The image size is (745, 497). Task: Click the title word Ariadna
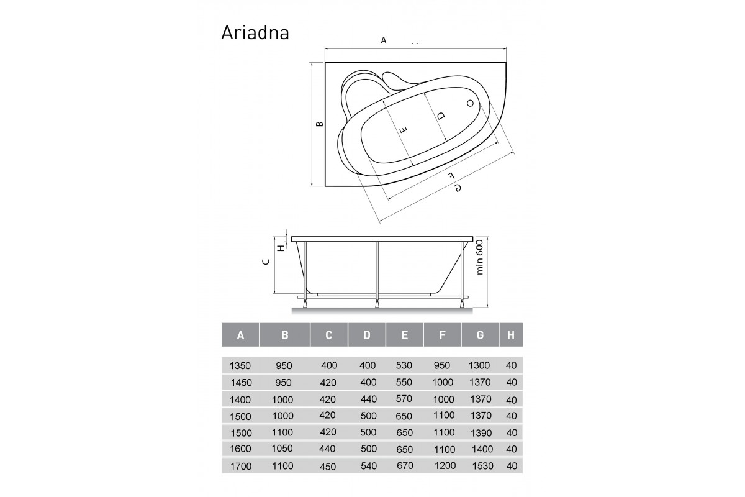coord(255,32)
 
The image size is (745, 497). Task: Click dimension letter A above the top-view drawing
coord(384,40)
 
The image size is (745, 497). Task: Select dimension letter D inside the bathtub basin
coord(441,116)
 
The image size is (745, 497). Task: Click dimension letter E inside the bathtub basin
coord(403,130)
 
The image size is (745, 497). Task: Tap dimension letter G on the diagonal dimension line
coord(458,188)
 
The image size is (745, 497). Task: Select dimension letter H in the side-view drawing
coord(281,247)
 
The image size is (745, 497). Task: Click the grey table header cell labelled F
coord(442,335)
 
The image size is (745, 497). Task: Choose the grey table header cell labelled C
coord(329,335)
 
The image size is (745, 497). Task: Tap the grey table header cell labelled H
coord(511,335)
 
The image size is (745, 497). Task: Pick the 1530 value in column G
coord(481,465)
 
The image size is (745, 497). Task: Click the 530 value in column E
coord(404,365)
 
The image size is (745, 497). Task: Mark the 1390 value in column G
coord(481,432)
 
